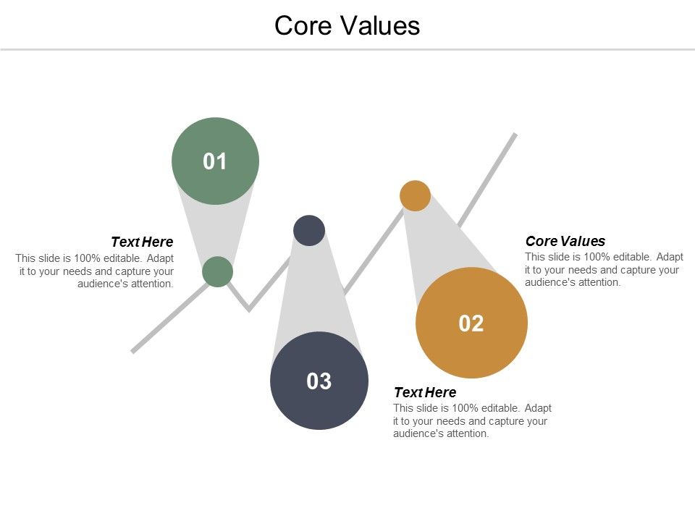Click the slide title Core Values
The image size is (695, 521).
click(347, 25)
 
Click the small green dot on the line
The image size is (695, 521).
click(217, 271)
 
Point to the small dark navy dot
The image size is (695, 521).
click(309, 230)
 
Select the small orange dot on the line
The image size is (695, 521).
click(416, 195)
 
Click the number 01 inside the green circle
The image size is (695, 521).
click(215, 161)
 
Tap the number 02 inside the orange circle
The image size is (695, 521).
click(471, 323)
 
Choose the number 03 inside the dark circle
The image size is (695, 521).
click(319, 381)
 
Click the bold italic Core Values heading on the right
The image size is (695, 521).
click(565, 241)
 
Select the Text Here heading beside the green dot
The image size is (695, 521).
click(142, 242)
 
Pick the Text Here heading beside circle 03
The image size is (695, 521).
click(425, 392)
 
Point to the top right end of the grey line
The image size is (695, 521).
click(515, 135)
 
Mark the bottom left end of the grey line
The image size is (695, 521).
click(132, 352)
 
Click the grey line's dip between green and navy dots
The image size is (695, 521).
click(249, 309)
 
